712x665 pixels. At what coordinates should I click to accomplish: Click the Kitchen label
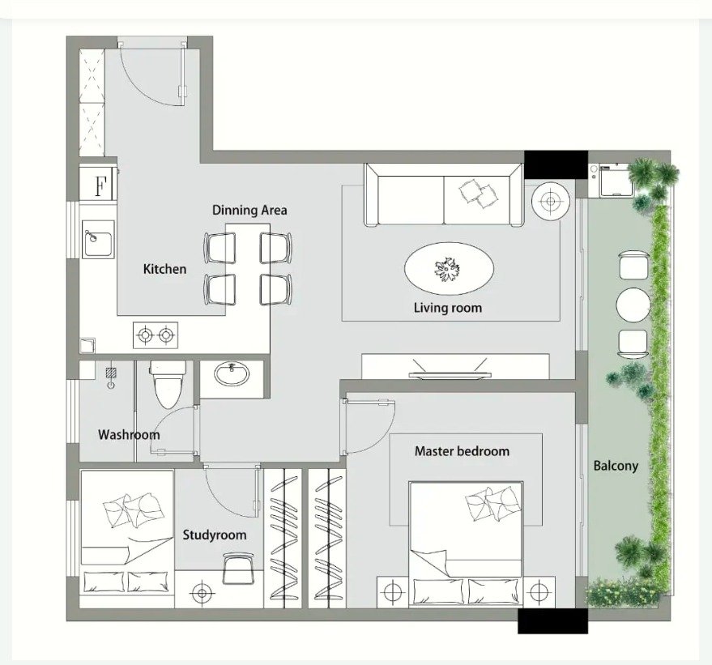(164, 269)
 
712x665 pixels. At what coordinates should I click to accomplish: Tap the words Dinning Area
(249, 210)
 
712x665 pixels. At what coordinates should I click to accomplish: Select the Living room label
(448, 308)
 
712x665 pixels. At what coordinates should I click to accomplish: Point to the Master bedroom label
(462, 451)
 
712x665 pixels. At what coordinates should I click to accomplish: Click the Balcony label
(616, 466)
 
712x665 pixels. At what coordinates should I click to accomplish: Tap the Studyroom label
(215, 535)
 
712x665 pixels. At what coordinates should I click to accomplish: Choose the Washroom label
(129, 435)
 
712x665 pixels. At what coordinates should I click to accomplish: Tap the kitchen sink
(98, 239)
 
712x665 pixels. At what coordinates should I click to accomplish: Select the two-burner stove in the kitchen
(156, 335)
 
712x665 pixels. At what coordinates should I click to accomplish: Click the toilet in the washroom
(168, 385)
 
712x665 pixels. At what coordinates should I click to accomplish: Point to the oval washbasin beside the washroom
(232, 374)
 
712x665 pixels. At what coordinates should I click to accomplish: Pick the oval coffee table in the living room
(449, 269)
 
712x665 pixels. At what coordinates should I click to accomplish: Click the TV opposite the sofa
(450, 374)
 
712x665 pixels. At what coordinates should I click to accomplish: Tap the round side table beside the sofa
(550, 201)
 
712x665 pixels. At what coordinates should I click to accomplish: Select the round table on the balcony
(633, 305)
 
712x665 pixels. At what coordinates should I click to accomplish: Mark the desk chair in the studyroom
(238, 569)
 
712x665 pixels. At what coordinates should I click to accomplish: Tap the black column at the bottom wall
(552, 621)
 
